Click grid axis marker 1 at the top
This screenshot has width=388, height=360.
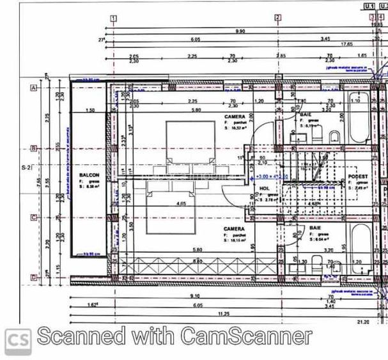click(x=113, y=18)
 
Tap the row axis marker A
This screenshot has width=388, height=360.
click(x=33, y=88)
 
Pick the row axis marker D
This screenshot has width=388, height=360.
click(x=33, y=276)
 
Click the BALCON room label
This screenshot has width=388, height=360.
click(x=88, y=174)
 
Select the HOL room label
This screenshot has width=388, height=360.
click(x=265, y=189)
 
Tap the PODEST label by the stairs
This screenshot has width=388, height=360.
click(x=357, y=176)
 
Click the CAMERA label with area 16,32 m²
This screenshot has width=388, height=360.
click(x=235, y=117)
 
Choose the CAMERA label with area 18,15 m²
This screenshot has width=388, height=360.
click(x=234, y=228)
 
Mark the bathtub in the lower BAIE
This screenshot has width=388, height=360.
click(x=358, y=246)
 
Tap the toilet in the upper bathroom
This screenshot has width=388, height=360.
click(x=333, y=136)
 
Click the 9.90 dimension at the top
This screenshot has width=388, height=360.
click(x=240, y=31)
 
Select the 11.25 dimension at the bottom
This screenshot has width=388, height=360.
click(x=223, y=313)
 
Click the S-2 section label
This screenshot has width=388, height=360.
click(x=26, y=168)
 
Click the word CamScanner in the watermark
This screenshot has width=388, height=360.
click(x=246, y=336)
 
